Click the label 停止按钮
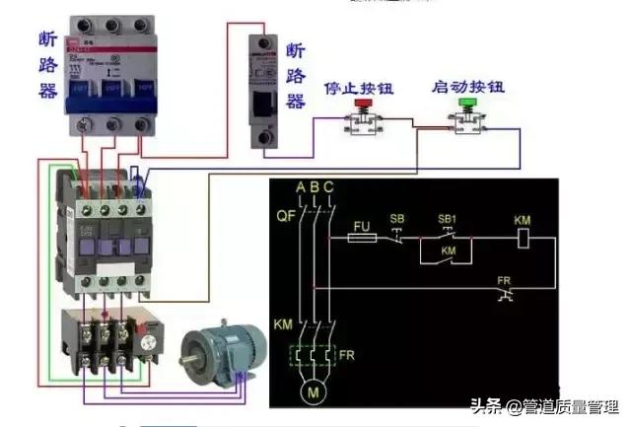tap(359, 88)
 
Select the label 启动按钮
tap(468, 88)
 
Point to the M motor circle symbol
tap(314, 393)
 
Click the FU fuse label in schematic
tap(361, 224)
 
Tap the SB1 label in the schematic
tap(446, 218)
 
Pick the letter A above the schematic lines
tap(300, 187)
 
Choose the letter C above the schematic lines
tap(327, 187)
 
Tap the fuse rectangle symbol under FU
tap(362, 238)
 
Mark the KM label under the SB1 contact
tap(448, 252)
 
